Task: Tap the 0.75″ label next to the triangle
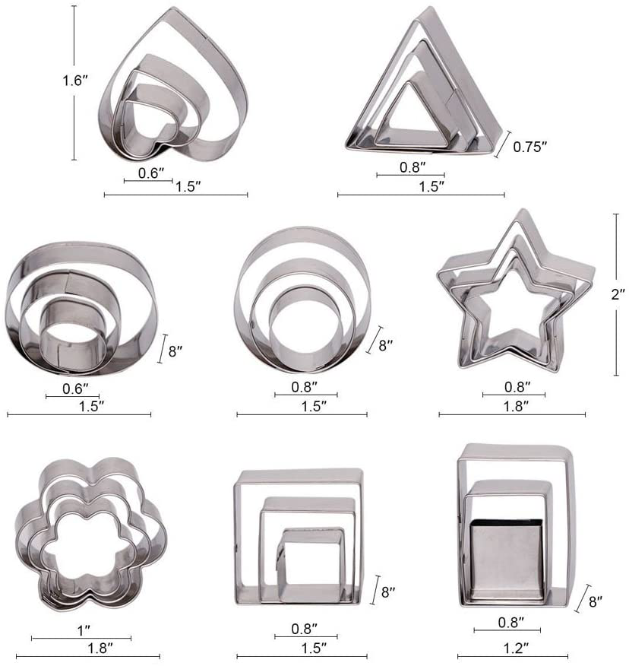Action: (x=529, y=147)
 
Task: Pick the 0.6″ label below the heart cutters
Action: (x=152, y=173)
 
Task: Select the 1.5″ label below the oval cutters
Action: (x=90, y=405)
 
